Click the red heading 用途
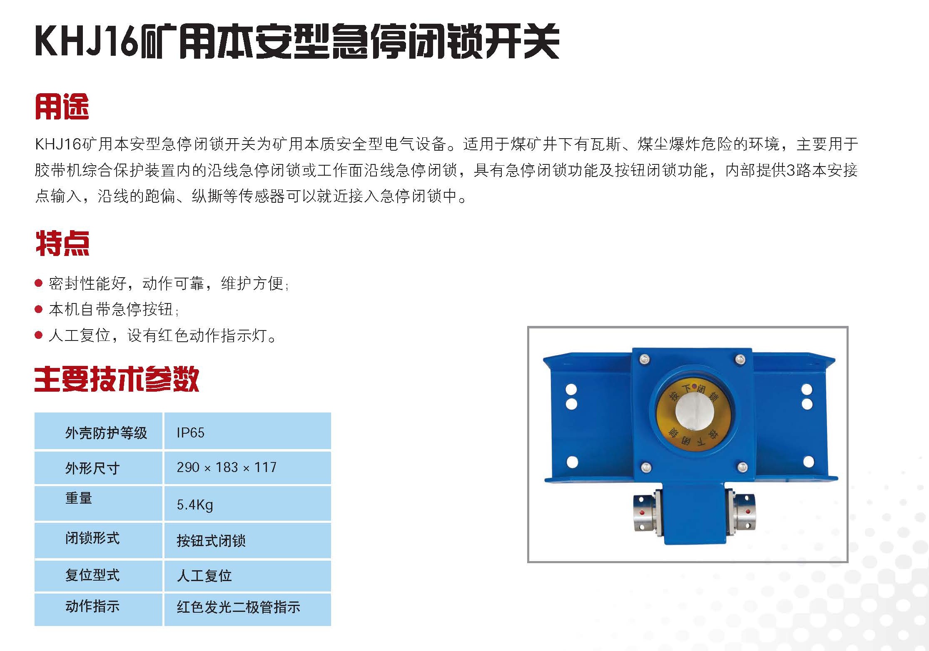(x=62, y=107)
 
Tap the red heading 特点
(x=62, y=243)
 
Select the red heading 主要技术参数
(x=117, y=379)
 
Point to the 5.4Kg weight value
(x=195, y=505)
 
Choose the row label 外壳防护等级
(x=106, y=433)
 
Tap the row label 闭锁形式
(x=92, y=538)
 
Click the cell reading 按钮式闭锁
(x=211, y=541)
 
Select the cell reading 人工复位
(x=204, y=576)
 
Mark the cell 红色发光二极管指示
(x=238, y=607)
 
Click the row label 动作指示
(x=92, y=606)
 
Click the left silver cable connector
(x=645, y=513)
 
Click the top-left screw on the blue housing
(x=644, y=360)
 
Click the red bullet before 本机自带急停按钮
(x=39, y=309)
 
